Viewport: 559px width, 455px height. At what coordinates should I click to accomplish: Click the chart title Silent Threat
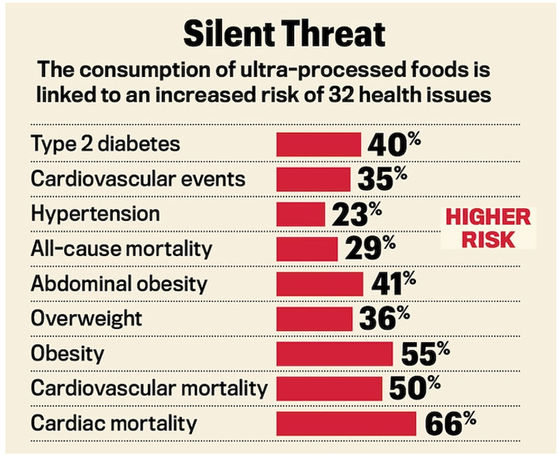click(284, 33)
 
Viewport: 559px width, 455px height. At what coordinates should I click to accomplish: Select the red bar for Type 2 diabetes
click(318, 144)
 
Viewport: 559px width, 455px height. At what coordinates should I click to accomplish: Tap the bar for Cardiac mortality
click(346, 423)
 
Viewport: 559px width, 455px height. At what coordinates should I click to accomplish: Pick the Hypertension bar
click(300, 214)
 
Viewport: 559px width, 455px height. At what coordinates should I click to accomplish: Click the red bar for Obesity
click(334, 354)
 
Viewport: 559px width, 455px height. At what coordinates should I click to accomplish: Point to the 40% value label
click(394, 144)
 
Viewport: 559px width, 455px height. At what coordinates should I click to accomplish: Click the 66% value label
click(450, 423)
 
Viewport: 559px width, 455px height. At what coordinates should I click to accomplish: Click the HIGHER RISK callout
click(488, 228)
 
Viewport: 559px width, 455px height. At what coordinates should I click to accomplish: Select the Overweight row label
click(86, 318)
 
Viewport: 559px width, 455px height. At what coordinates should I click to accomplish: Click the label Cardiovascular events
click(138, 179)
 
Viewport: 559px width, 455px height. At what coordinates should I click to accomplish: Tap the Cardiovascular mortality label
click(149, 388)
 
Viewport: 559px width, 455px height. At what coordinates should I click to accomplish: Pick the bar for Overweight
click(315, 319)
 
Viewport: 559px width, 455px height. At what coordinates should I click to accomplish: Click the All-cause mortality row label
click(121, 249)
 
